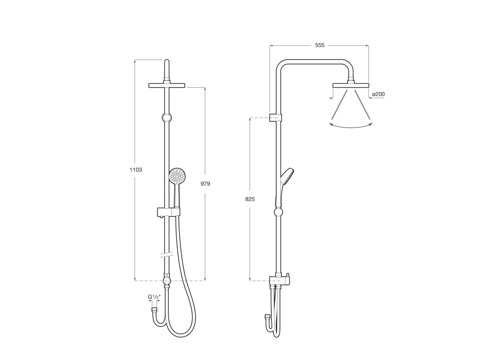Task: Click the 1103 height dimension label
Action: pos(136,170)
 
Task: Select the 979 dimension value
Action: pos(205,184)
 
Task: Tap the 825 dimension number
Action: pos(250,199)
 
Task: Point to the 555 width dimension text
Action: pos(319,45)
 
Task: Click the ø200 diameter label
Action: pos(378,94)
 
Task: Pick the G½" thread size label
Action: pos(154,297)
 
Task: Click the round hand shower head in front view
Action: pos(177,176)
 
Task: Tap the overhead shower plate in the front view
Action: pos(166,85)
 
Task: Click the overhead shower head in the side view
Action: pos(351,85)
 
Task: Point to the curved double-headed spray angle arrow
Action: pos(351,126)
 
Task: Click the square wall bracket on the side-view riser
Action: pos(276,117)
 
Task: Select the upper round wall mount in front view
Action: pos(166,118)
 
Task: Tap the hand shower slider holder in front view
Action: pos(168,212)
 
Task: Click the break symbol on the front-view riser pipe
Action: pos(166,255)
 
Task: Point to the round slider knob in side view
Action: pos(278,212)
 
